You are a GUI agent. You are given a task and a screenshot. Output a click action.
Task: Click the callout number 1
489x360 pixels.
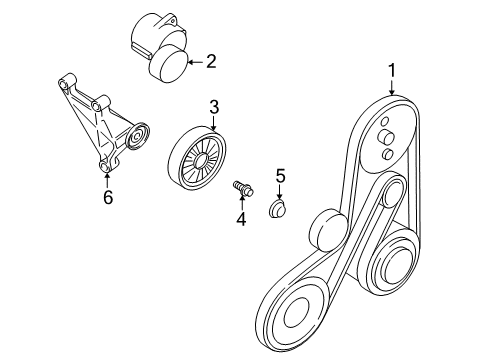(392, 71)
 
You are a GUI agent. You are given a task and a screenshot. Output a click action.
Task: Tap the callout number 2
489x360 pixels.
(212, 63)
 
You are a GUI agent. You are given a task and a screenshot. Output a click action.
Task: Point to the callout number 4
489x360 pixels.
(240, 217)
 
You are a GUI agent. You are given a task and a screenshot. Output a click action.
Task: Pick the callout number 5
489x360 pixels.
(281, 176)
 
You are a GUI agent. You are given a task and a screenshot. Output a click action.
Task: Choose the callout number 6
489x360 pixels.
(108, 197)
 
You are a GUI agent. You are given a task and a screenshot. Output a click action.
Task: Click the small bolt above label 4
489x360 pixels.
(242, 187)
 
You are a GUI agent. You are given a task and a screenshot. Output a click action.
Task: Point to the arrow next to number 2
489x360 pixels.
(193, 63)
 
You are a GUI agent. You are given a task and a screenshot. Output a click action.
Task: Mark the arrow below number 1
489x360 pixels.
(392, 87)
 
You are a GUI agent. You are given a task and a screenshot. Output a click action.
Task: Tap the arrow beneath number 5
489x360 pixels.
(281, 192)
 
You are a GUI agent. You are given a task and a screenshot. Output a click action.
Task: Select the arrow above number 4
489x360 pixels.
(240, 200)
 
